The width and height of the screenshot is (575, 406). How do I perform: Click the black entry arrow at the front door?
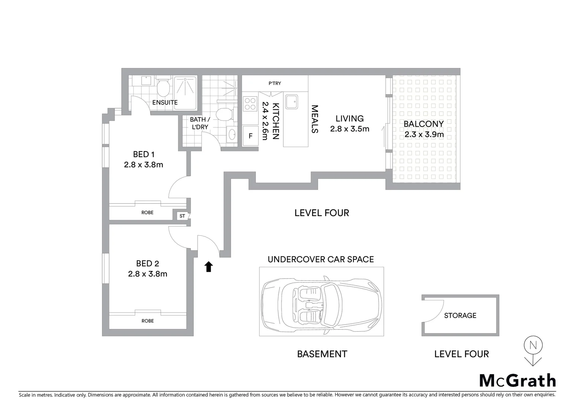tap(208, 267)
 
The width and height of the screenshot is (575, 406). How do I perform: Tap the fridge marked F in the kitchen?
tap(250, 136)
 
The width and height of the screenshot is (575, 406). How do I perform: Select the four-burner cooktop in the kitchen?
tap(250, 103)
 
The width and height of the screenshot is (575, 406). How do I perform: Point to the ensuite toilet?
tap(163, 88)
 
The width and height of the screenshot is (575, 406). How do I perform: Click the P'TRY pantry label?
tap(275, 83)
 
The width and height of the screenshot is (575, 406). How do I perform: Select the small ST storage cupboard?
tap(182, 216)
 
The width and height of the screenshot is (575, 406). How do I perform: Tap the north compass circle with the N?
tap(533, 345)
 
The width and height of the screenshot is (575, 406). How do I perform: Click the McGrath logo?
tap(517, 380)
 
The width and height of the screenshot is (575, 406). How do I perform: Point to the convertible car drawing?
tap(321, 302)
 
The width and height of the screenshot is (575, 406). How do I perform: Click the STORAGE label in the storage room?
tap(460, 315)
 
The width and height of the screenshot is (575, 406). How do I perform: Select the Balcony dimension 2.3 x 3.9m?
tap(424, 134)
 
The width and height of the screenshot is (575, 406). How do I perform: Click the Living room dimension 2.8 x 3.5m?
tap(350, 129)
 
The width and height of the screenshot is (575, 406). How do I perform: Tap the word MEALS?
tap(315, 119)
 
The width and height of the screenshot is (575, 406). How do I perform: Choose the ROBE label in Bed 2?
tap(148, 321)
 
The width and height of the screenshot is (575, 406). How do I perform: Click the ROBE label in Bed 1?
tap(148, 212)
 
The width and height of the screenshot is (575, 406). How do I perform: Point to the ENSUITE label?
tap(165, 102)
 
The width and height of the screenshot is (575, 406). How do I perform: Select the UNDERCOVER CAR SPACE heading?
tap(321, 259)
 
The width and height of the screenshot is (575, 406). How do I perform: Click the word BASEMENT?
tap(322, 354)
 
